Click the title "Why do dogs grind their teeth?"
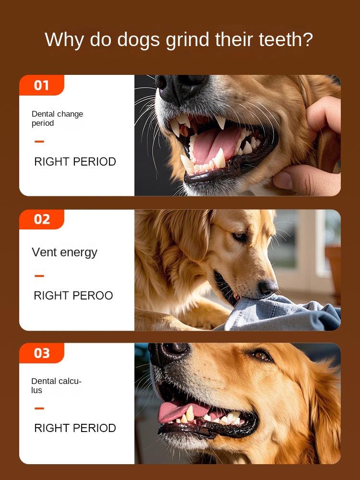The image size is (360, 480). [x=179, y=39]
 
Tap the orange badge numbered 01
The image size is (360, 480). [x=42, y=85]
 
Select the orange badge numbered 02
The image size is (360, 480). [x=42, y=219]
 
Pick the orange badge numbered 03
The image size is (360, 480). [x=42, y=353]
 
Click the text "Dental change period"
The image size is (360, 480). [x=57, y=119]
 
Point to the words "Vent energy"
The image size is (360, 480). [x=64, y=252]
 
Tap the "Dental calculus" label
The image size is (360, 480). [x=56, y=385]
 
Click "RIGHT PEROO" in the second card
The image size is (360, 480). [x=73, y=296]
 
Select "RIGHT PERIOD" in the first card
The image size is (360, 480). [x=75, y=162]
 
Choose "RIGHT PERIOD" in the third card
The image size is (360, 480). [x=75, y=428]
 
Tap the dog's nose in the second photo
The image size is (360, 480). [x=268, y=288]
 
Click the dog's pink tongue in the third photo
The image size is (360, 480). [x=175, y=411]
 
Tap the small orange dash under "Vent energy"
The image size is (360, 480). [x=39, y=276]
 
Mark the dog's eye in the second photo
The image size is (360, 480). [x=239, y=237]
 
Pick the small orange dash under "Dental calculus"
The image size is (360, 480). [x=39, y=408]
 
